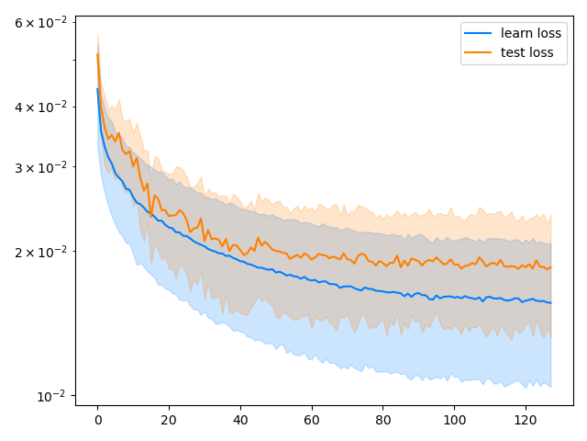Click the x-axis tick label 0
(97, 421)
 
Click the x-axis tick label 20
(169, 421)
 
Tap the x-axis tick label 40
(240, 421)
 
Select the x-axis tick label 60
(312, 421)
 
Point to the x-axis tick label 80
(382, 421)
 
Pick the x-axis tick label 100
(454, 421)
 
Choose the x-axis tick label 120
(526, 421)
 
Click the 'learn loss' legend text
(527, 33)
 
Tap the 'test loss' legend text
(527, 52)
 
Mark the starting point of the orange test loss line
(97, 54)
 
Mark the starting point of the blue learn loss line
(97, 89)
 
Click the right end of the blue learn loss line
(550, 302)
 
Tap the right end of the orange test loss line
(550, 266)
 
